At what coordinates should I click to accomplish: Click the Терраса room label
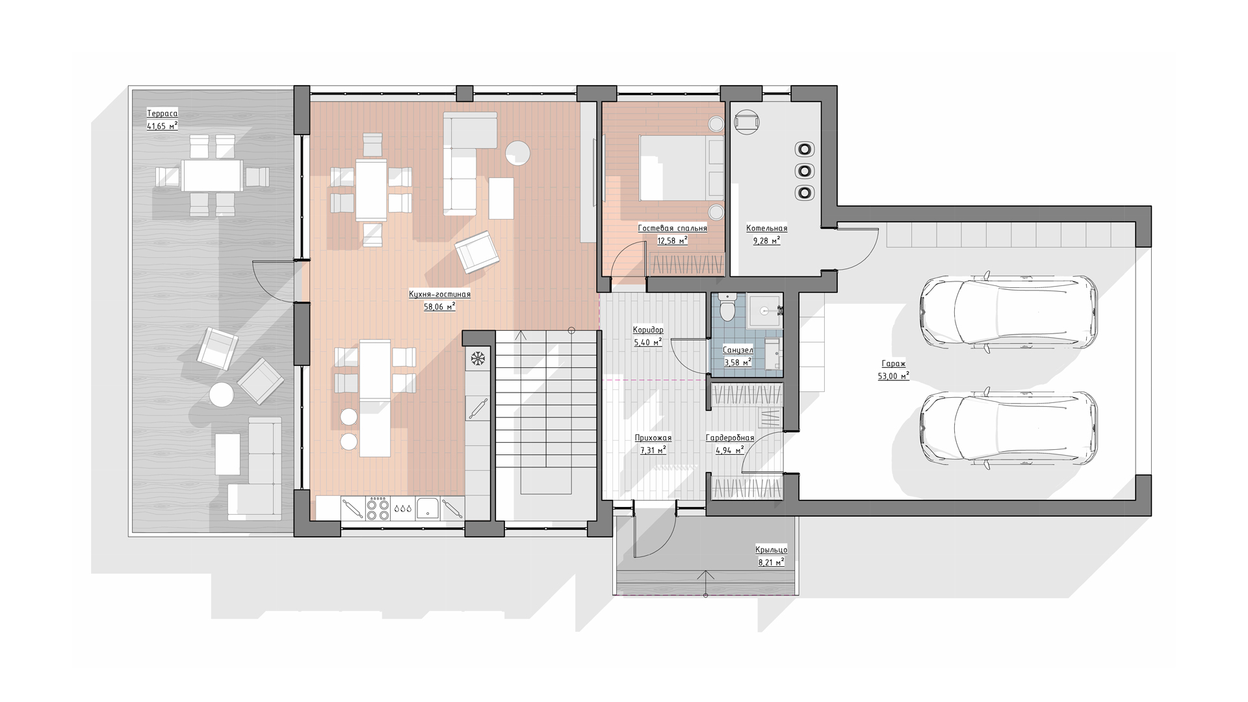point(162,114)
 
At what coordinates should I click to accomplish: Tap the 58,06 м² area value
point(439,306)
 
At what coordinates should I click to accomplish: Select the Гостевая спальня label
point(672,228)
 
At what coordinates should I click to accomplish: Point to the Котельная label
point(766,228)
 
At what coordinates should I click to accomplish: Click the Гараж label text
point(893,364)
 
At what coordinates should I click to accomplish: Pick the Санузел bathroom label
point(738,350)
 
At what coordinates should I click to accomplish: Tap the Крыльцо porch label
point(772,550)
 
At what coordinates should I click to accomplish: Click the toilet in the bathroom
point(727,308)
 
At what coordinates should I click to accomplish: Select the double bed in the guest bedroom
point(681,168)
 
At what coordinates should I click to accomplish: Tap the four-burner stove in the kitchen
point(378,508)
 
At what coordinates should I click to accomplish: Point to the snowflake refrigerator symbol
point(478,357)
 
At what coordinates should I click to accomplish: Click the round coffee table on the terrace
point(222,395)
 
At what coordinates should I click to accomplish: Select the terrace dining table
point(213,175)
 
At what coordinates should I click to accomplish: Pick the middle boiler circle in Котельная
point(805,171)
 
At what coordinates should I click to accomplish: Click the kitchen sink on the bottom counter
point(428,508)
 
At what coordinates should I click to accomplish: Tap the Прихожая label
point(653,438)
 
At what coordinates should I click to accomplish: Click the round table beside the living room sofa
point(518,153)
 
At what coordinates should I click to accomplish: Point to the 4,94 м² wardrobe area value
point(730,450)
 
